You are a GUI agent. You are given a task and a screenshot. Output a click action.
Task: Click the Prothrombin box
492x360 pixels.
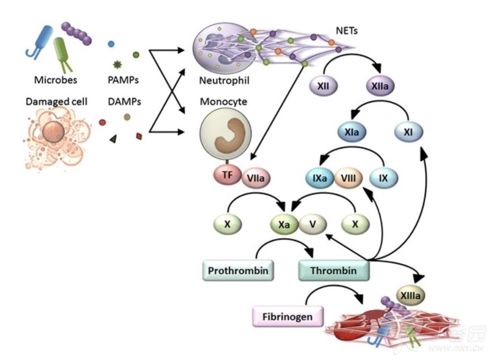238,270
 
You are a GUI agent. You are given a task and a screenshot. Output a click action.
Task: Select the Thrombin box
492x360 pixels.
334,270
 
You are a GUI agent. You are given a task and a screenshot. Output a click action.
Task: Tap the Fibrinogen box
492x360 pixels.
287,316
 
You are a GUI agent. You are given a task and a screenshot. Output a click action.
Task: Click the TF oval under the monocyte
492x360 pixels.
228,175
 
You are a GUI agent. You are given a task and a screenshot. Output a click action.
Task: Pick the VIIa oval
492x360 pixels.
256,178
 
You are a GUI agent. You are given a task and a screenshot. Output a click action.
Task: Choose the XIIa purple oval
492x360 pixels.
380,86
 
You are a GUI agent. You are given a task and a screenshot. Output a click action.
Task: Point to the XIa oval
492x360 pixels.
352,132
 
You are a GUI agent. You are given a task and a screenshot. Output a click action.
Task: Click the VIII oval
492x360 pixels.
348,178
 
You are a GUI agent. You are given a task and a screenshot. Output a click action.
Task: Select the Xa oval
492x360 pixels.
284,224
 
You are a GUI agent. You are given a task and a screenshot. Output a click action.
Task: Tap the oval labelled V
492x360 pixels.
312,224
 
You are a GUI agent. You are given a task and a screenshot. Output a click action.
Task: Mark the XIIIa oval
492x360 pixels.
410,295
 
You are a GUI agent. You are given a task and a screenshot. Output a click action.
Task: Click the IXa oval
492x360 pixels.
320,178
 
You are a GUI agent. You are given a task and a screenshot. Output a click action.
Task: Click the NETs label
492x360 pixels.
347,31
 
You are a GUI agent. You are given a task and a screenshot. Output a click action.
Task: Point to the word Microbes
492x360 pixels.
55,80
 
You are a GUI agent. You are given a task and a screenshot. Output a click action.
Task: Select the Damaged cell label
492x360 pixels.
57,102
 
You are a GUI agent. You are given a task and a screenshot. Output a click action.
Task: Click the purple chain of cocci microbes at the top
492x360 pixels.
77,33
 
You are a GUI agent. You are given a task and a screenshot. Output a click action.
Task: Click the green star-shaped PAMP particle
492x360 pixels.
117,65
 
